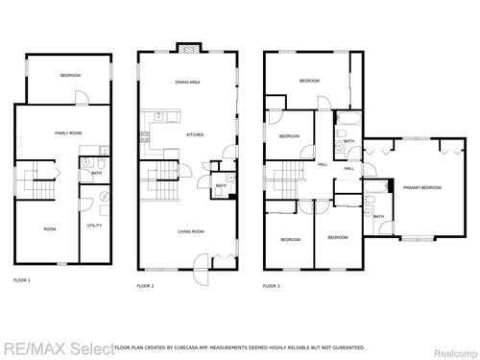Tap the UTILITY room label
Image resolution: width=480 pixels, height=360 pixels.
coord(94,225)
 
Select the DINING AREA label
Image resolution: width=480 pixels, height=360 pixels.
coord(187,83)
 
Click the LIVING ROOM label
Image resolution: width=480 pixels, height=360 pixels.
coord(189,231)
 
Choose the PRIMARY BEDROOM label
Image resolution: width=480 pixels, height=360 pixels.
coord(421,187)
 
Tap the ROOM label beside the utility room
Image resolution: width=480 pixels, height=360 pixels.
coord(49,228)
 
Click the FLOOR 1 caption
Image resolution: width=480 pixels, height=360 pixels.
coord(22,279)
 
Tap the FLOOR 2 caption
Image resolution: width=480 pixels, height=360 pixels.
coord(145,286)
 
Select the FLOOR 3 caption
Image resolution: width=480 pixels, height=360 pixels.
coord(273,286)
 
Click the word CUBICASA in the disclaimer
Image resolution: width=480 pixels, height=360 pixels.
coord(210,347)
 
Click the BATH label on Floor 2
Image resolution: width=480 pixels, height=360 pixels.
coord(221,185)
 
